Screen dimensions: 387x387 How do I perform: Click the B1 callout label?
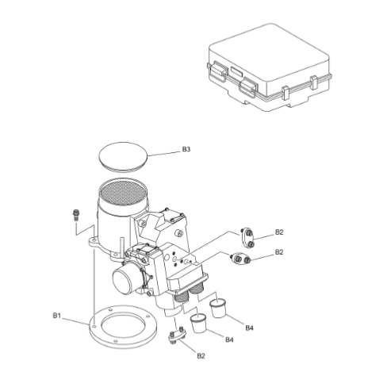[x=57, y=315]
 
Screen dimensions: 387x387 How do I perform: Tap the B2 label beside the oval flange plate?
[x=279, y=232]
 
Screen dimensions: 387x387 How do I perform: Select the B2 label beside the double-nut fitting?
[x=279, y=251]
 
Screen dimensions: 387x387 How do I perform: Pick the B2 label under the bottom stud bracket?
[x=201, y=355]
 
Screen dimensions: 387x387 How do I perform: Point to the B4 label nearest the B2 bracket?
[x=229, y=340]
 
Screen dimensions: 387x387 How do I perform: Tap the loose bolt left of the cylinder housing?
[x=75, y=213]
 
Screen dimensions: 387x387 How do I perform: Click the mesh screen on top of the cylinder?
[x=124, y=193]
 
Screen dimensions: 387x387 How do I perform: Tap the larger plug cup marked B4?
[x=218, y=305]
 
